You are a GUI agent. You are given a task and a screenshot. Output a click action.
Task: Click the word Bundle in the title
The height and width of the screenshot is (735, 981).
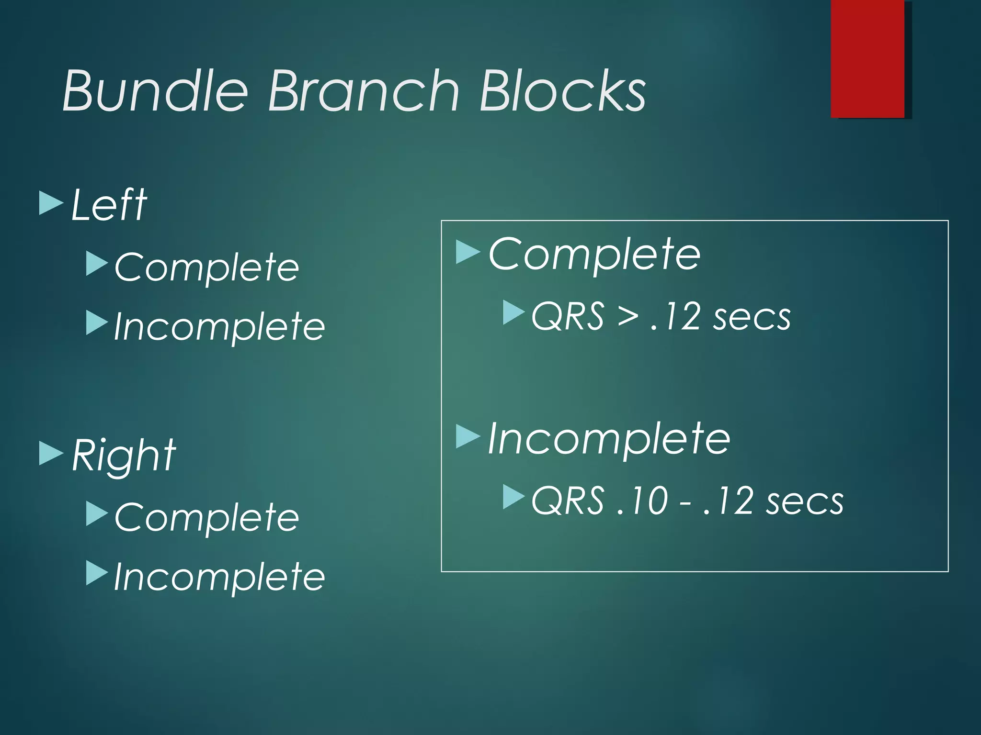point(155,91)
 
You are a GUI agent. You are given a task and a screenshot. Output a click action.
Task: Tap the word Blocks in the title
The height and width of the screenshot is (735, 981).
point(562,91)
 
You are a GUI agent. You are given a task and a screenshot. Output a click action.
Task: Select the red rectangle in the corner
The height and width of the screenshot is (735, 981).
point(867,58)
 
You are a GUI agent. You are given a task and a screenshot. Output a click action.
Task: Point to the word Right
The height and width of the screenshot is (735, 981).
point(124,456)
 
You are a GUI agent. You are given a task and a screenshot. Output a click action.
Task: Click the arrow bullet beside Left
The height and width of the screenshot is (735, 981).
point(50,203)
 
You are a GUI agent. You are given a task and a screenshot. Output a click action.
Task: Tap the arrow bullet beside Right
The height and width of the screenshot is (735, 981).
point(50,453)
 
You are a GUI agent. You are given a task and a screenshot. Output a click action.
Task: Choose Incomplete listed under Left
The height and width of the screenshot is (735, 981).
point(219,326)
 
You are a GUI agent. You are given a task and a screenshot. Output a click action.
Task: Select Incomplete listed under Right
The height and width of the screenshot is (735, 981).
point(219,577)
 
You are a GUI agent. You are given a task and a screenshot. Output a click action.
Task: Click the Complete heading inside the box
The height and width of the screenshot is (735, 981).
point(594,255)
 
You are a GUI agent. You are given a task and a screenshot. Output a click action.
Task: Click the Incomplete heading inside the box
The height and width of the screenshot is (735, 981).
point(609,439)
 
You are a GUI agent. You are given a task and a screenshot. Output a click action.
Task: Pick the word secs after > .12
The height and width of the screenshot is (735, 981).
point(751,317)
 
